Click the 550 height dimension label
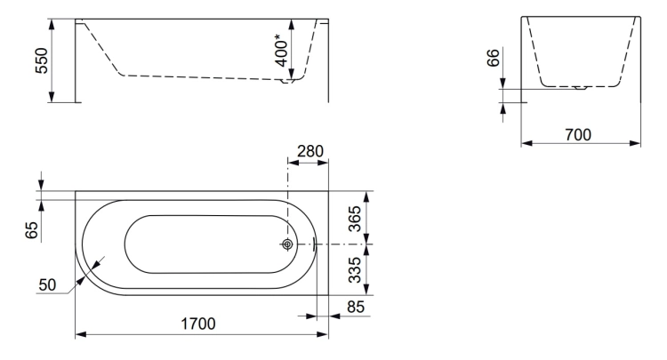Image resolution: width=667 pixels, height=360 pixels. point(42,60)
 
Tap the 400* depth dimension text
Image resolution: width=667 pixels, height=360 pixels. point(281,51)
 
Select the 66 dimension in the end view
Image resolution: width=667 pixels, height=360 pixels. point(493,58)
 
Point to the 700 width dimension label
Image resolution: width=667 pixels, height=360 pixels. point(578,135)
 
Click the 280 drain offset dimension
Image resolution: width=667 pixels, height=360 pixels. point(310,151)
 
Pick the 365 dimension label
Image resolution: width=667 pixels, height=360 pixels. point(354,219)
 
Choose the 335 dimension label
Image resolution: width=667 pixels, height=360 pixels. point(354,270)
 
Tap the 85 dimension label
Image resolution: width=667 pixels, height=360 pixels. point(356,307)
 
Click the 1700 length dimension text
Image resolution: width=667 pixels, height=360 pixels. point(198,324)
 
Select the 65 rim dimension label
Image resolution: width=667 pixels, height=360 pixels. point(32,230)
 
